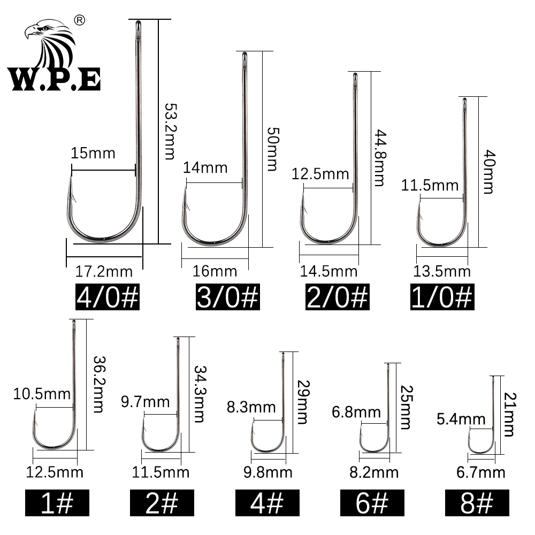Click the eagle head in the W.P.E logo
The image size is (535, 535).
[49, 43]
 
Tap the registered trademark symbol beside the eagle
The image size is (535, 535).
[80, 20]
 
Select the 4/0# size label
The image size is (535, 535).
[108, 297]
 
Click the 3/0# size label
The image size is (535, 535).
[227, 297]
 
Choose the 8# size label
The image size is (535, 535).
[477, 503]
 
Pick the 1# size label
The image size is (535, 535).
[57, 503]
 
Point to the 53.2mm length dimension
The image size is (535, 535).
[170, 132]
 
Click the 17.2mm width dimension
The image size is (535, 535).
[104, 272]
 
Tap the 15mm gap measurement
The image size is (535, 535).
[93, 153]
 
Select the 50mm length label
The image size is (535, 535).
[273, 149]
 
